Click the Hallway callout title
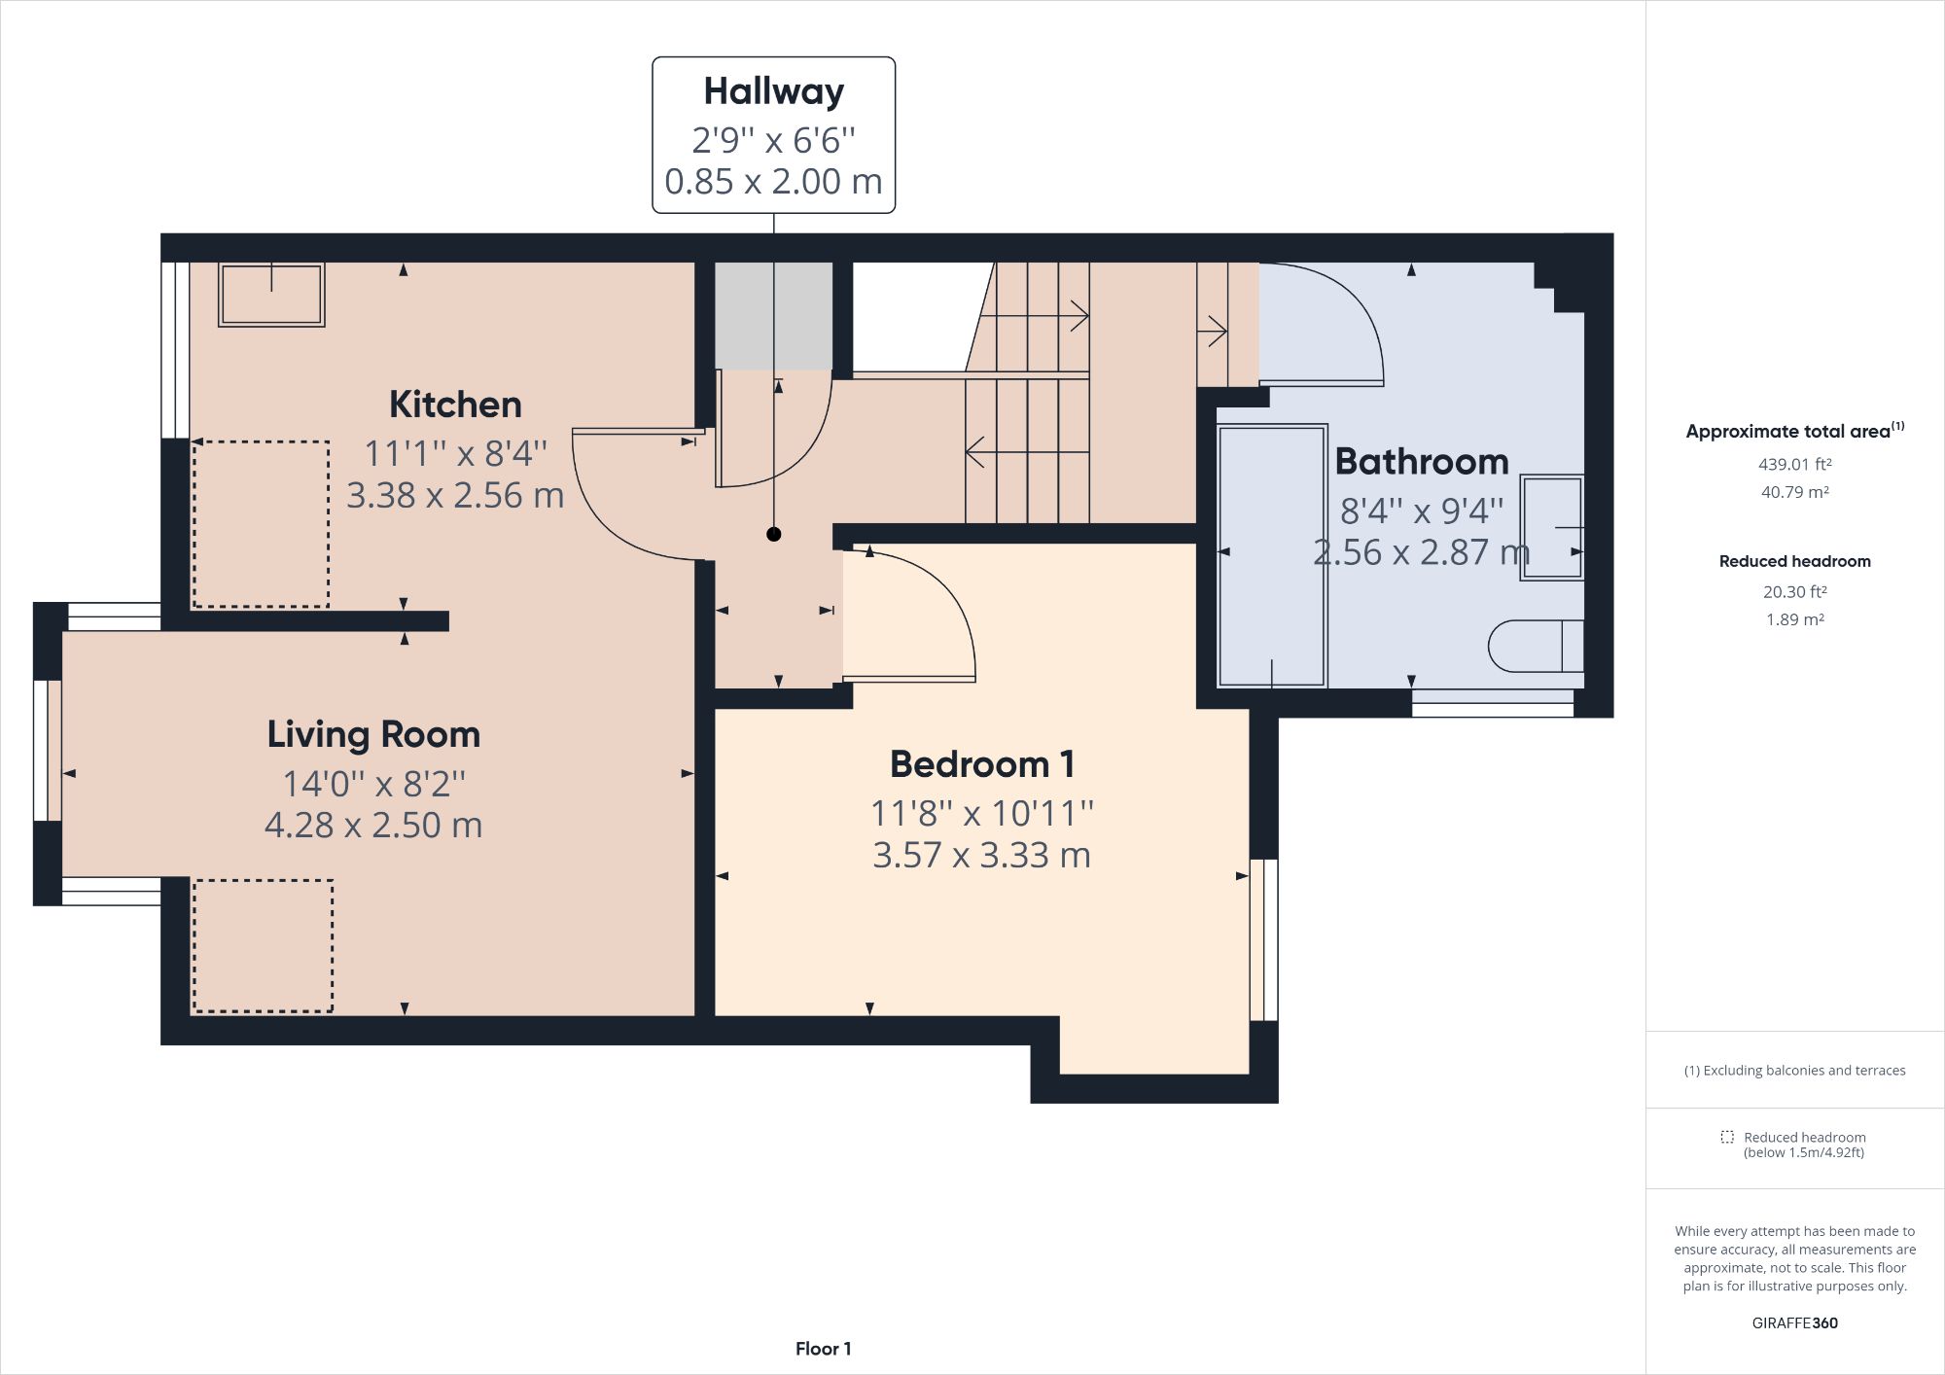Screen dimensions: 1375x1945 (773, 91)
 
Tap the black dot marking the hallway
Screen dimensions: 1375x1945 (773, 534)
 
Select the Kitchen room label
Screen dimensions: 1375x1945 (455, 405)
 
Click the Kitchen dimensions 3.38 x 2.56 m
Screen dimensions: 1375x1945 (455, 495)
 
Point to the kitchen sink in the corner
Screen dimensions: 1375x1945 (270, 294)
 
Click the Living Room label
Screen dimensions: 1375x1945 (373, 734)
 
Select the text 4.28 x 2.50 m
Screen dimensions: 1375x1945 (373, 825)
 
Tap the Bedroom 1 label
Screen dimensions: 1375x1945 (982, 764)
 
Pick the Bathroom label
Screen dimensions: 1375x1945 (1421, 461)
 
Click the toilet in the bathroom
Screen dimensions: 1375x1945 (1536, 646)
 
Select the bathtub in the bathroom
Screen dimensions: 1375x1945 (1271, 555)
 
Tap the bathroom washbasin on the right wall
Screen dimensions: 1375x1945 (1552, 527)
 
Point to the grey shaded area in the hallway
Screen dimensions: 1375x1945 (774, 315)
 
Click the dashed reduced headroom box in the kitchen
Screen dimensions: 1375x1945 (261, 524)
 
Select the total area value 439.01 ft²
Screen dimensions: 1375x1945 (1794, 464)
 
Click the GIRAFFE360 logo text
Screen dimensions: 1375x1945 (1794, 1322)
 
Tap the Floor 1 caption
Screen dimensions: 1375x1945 (823, 1349)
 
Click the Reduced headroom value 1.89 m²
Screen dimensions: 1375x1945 (1794, 619)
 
